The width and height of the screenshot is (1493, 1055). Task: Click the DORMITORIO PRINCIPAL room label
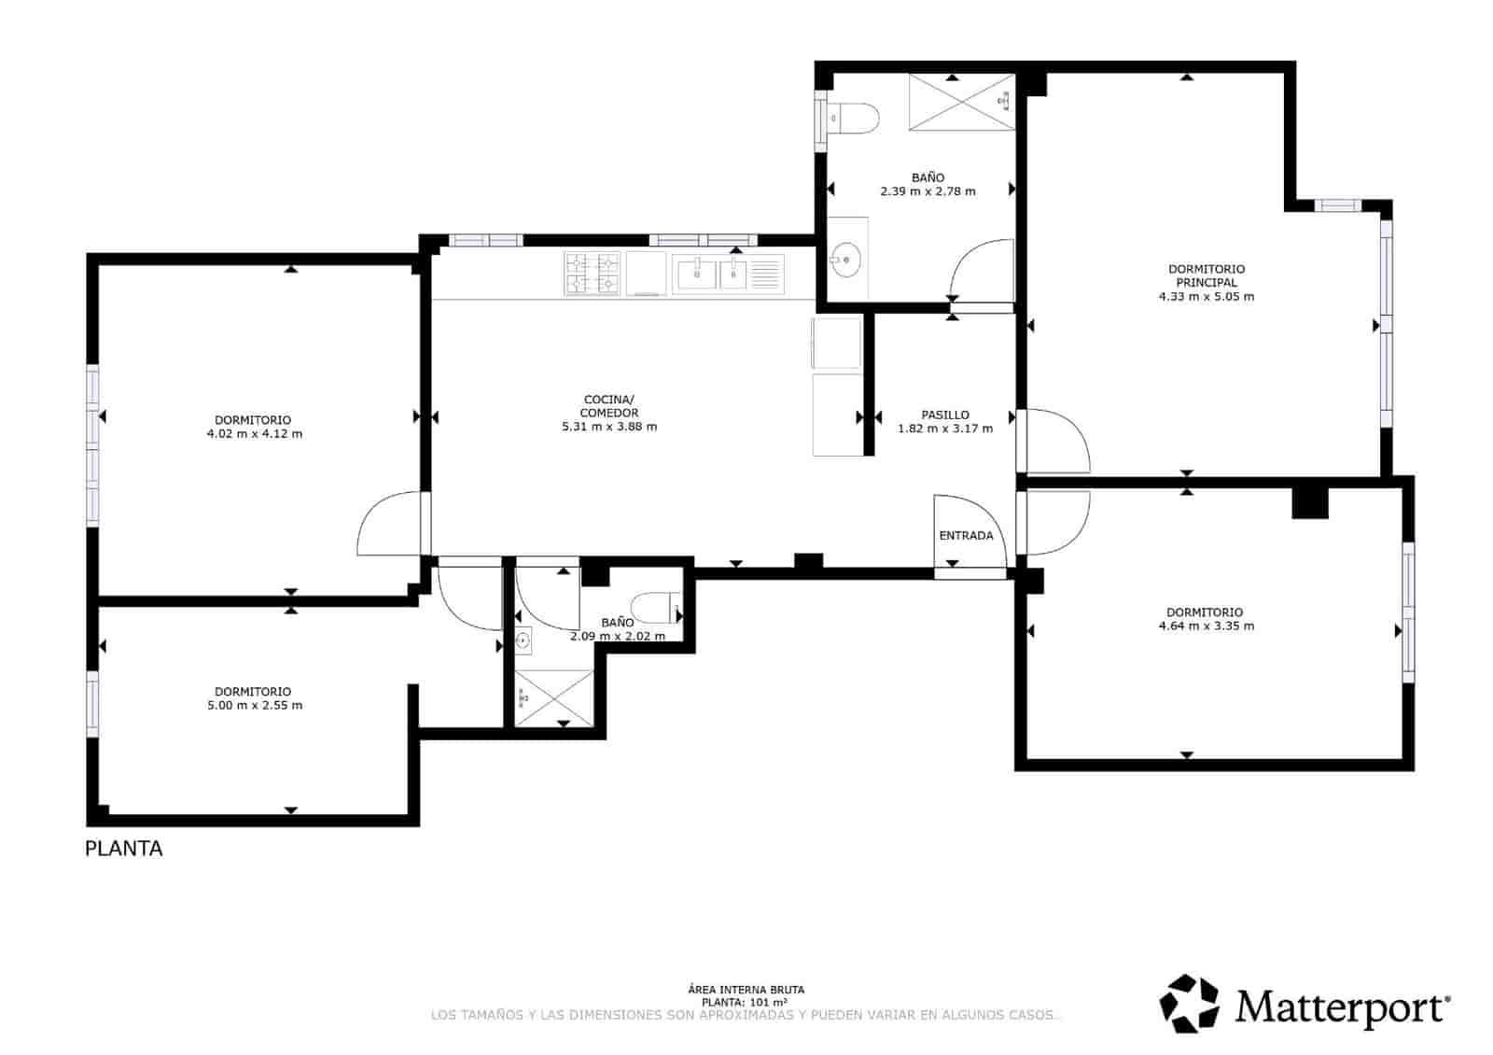pyautogui.click(x=1206, y=275)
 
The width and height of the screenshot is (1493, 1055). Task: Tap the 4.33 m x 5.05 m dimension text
pyautogui.click(x=1206, y=297)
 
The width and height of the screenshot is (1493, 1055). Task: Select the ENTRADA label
pyautogui.click(x=966, y=536)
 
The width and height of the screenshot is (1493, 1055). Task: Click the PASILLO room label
pyautogui.click(x=944, y=415)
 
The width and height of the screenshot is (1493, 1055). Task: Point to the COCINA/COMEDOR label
pyautogui.click(x=608, y=406)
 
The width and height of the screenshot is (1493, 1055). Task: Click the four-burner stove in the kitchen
pyautogui.click(x=592, y=274)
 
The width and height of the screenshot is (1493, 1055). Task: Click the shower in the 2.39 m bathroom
pyautogui.click(x=961, y=102)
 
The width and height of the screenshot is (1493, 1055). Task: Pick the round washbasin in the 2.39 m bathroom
pyautogui.click(x=846, y=260)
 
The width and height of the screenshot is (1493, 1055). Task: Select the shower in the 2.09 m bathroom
pyautogui.click(x=553, y=697)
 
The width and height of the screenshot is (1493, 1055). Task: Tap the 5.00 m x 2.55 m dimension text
pyautogui.click(x=254, y=706)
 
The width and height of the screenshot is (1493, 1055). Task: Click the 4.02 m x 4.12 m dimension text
pyautogui.click(x=254, y=434)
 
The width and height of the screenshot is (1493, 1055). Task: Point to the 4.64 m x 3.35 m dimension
pyautogui.click(x=1206, y=626)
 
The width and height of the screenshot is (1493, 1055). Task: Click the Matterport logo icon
pyautogui.click(x=1189, y=1004)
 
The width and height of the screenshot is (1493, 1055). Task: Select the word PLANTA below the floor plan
pyautogui.click(x=123, y=849)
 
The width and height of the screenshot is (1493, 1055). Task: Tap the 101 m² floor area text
pyautogui.click(x=746, y=1002)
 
